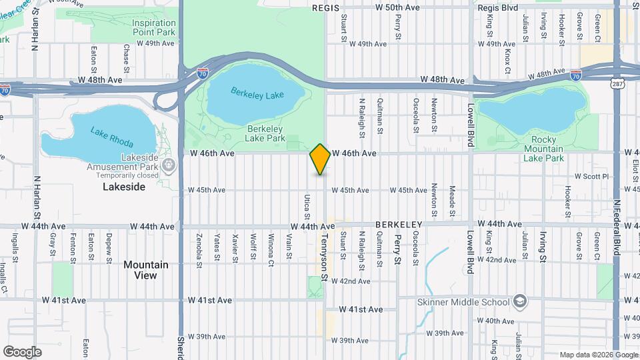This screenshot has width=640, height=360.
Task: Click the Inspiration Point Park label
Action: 153,27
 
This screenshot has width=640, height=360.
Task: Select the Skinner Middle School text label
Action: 463,301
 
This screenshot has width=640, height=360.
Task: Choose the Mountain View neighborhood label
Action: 145,270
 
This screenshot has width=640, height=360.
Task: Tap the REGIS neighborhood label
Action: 325,8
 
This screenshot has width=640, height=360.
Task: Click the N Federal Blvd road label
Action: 617,226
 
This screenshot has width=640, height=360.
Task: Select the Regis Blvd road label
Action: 498,8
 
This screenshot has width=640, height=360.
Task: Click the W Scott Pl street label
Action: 592,177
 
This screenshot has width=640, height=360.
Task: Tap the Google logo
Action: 22,351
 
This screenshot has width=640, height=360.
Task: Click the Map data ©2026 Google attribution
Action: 598,355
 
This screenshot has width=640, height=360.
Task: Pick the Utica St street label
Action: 307,207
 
